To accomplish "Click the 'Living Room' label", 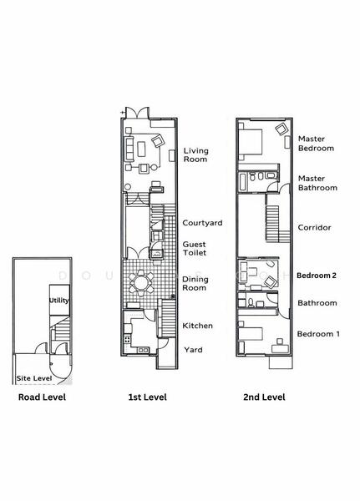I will coord(195,155).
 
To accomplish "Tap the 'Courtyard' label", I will coord(202,223).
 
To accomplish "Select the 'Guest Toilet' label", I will coord(195,250).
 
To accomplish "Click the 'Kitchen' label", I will coord(198,326).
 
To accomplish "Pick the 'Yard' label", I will coord(193,350).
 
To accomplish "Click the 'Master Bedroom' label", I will coord(316,143).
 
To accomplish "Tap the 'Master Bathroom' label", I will coord(317,183).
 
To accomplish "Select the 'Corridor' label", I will coord(314,227).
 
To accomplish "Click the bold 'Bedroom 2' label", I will coord(317,275).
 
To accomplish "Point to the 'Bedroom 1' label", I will coord(317,334).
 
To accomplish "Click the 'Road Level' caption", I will coord(42,397).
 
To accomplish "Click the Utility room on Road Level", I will coord(58,300).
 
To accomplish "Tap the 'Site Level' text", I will coord(34,378).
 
